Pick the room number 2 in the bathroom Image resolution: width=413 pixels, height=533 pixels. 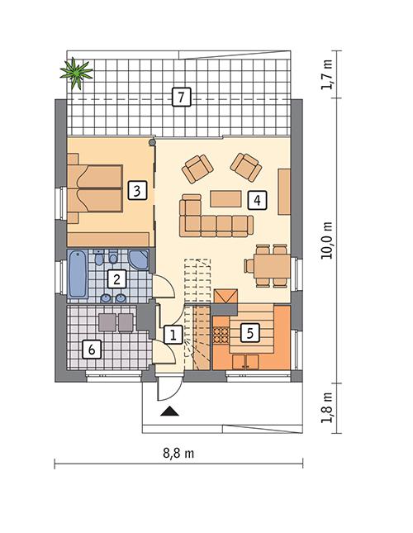[117, 280]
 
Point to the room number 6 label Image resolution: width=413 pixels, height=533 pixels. [93, 350]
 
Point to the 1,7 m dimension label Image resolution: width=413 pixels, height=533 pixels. [328, 79]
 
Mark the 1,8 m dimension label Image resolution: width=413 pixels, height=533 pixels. [328, 407]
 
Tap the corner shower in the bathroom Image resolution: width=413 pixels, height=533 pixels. [140, 260]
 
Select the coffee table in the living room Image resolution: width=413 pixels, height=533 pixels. [225, 198]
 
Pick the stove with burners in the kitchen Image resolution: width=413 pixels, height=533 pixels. [221, 335]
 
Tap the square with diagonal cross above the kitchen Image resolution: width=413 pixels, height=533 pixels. [225, 297]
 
